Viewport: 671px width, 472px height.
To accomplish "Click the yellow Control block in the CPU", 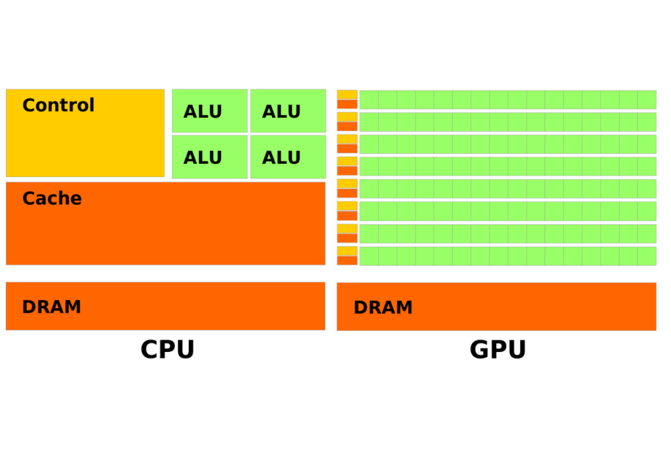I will pos(85,141).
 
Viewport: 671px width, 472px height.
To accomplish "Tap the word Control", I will pos(58,105).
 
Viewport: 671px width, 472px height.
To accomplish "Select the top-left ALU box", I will pos(209,111).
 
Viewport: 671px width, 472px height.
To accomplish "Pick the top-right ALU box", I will pos(288,111).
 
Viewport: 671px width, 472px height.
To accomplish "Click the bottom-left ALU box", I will pos(209,157).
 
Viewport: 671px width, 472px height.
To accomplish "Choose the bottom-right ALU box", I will pos(288,157).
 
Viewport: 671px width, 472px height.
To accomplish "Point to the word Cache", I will pos(52,198).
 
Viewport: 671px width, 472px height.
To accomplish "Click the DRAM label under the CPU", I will pos(51,307).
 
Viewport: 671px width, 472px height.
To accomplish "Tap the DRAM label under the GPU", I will pos(383,307).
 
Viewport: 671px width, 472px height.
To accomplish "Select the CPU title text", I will pos(167,349).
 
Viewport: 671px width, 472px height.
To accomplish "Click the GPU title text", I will pos(497,349).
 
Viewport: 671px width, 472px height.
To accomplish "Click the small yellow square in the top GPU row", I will pos(347,94).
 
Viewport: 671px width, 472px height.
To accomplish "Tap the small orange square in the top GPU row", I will pos(347,104).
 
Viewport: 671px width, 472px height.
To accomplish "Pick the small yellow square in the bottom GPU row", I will pos(347,251).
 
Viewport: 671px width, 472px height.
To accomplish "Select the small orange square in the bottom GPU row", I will pos(347,260).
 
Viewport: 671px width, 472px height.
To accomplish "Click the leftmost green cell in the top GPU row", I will pos(369,100).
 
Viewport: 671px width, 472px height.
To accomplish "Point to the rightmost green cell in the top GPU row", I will pos(647,100).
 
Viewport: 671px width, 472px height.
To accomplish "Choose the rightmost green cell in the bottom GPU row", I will pos(647,256).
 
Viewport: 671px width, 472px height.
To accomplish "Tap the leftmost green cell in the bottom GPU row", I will pos(369,256).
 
